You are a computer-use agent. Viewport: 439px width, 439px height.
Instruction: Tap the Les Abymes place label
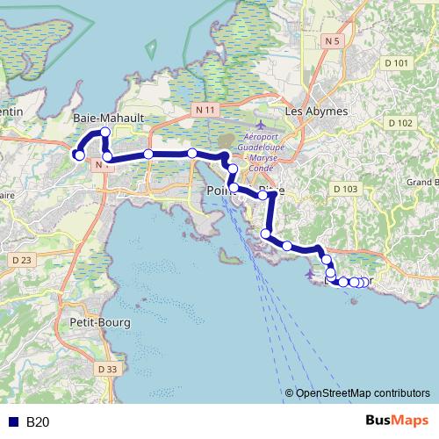coord(317,112)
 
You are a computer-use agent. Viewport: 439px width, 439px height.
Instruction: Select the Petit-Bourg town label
coord(100,322)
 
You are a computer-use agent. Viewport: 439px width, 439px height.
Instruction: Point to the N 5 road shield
coord(331,41)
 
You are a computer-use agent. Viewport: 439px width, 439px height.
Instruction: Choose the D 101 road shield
coord(397,63)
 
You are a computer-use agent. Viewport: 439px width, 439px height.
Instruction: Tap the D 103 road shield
coord(345,189)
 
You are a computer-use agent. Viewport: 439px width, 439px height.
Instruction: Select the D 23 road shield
coord(22,260)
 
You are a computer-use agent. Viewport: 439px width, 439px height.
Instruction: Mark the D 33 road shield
coord(106,370)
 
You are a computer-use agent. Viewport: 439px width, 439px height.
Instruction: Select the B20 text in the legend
coord(38,422)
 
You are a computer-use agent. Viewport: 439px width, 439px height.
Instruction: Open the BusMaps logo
coord(397,421)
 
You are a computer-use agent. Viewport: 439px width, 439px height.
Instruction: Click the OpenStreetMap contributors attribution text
coord(362,394)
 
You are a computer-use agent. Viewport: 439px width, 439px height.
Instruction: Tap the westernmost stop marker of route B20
coord(79,155)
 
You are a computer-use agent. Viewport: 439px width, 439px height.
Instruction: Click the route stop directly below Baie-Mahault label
coord(105,133)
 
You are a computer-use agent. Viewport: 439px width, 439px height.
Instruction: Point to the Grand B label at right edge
coord(421,183)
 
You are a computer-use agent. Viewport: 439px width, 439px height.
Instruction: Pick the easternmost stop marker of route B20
coord(363,282)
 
